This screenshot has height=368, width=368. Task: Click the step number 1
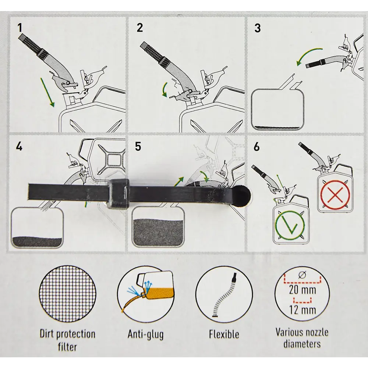pyautogui.click(x=20, y=27)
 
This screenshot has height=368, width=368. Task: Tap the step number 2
pyautogui.click(x=139, y=28)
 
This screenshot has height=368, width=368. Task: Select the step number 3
pyautogui.click(x=258, y=28)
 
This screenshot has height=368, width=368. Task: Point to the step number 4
pyautogui.click(x=19, y=147)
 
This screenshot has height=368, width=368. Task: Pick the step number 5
pyautogui.click(x=138, y=147)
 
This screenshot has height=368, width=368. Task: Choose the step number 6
pyautogui.click(x=257, y=147)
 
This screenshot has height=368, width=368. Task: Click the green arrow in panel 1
pyautogui.click(x=47, y=92)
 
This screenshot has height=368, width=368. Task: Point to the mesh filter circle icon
pyautogui.click(x=68, y=294)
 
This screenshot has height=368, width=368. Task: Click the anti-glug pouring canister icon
pyautogui.click(x=146, y=294)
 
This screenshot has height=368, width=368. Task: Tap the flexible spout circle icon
pyautogui.click(x=224, y=294)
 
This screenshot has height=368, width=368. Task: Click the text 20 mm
pyautogui.click(x=302, y=290)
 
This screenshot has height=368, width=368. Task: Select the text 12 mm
pyautogui.click(x=302, y=310)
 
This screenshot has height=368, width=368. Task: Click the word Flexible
pyautogui.click(x=224, y=334)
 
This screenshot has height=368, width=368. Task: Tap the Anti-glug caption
pyautogui.click(x=146, y=335)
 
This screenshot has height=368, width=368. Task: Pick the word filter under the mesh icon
pyautogui.click(x=68, y=347)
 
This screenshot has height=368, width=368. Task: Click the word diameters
pyautogui.click(x=302, y=343)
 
